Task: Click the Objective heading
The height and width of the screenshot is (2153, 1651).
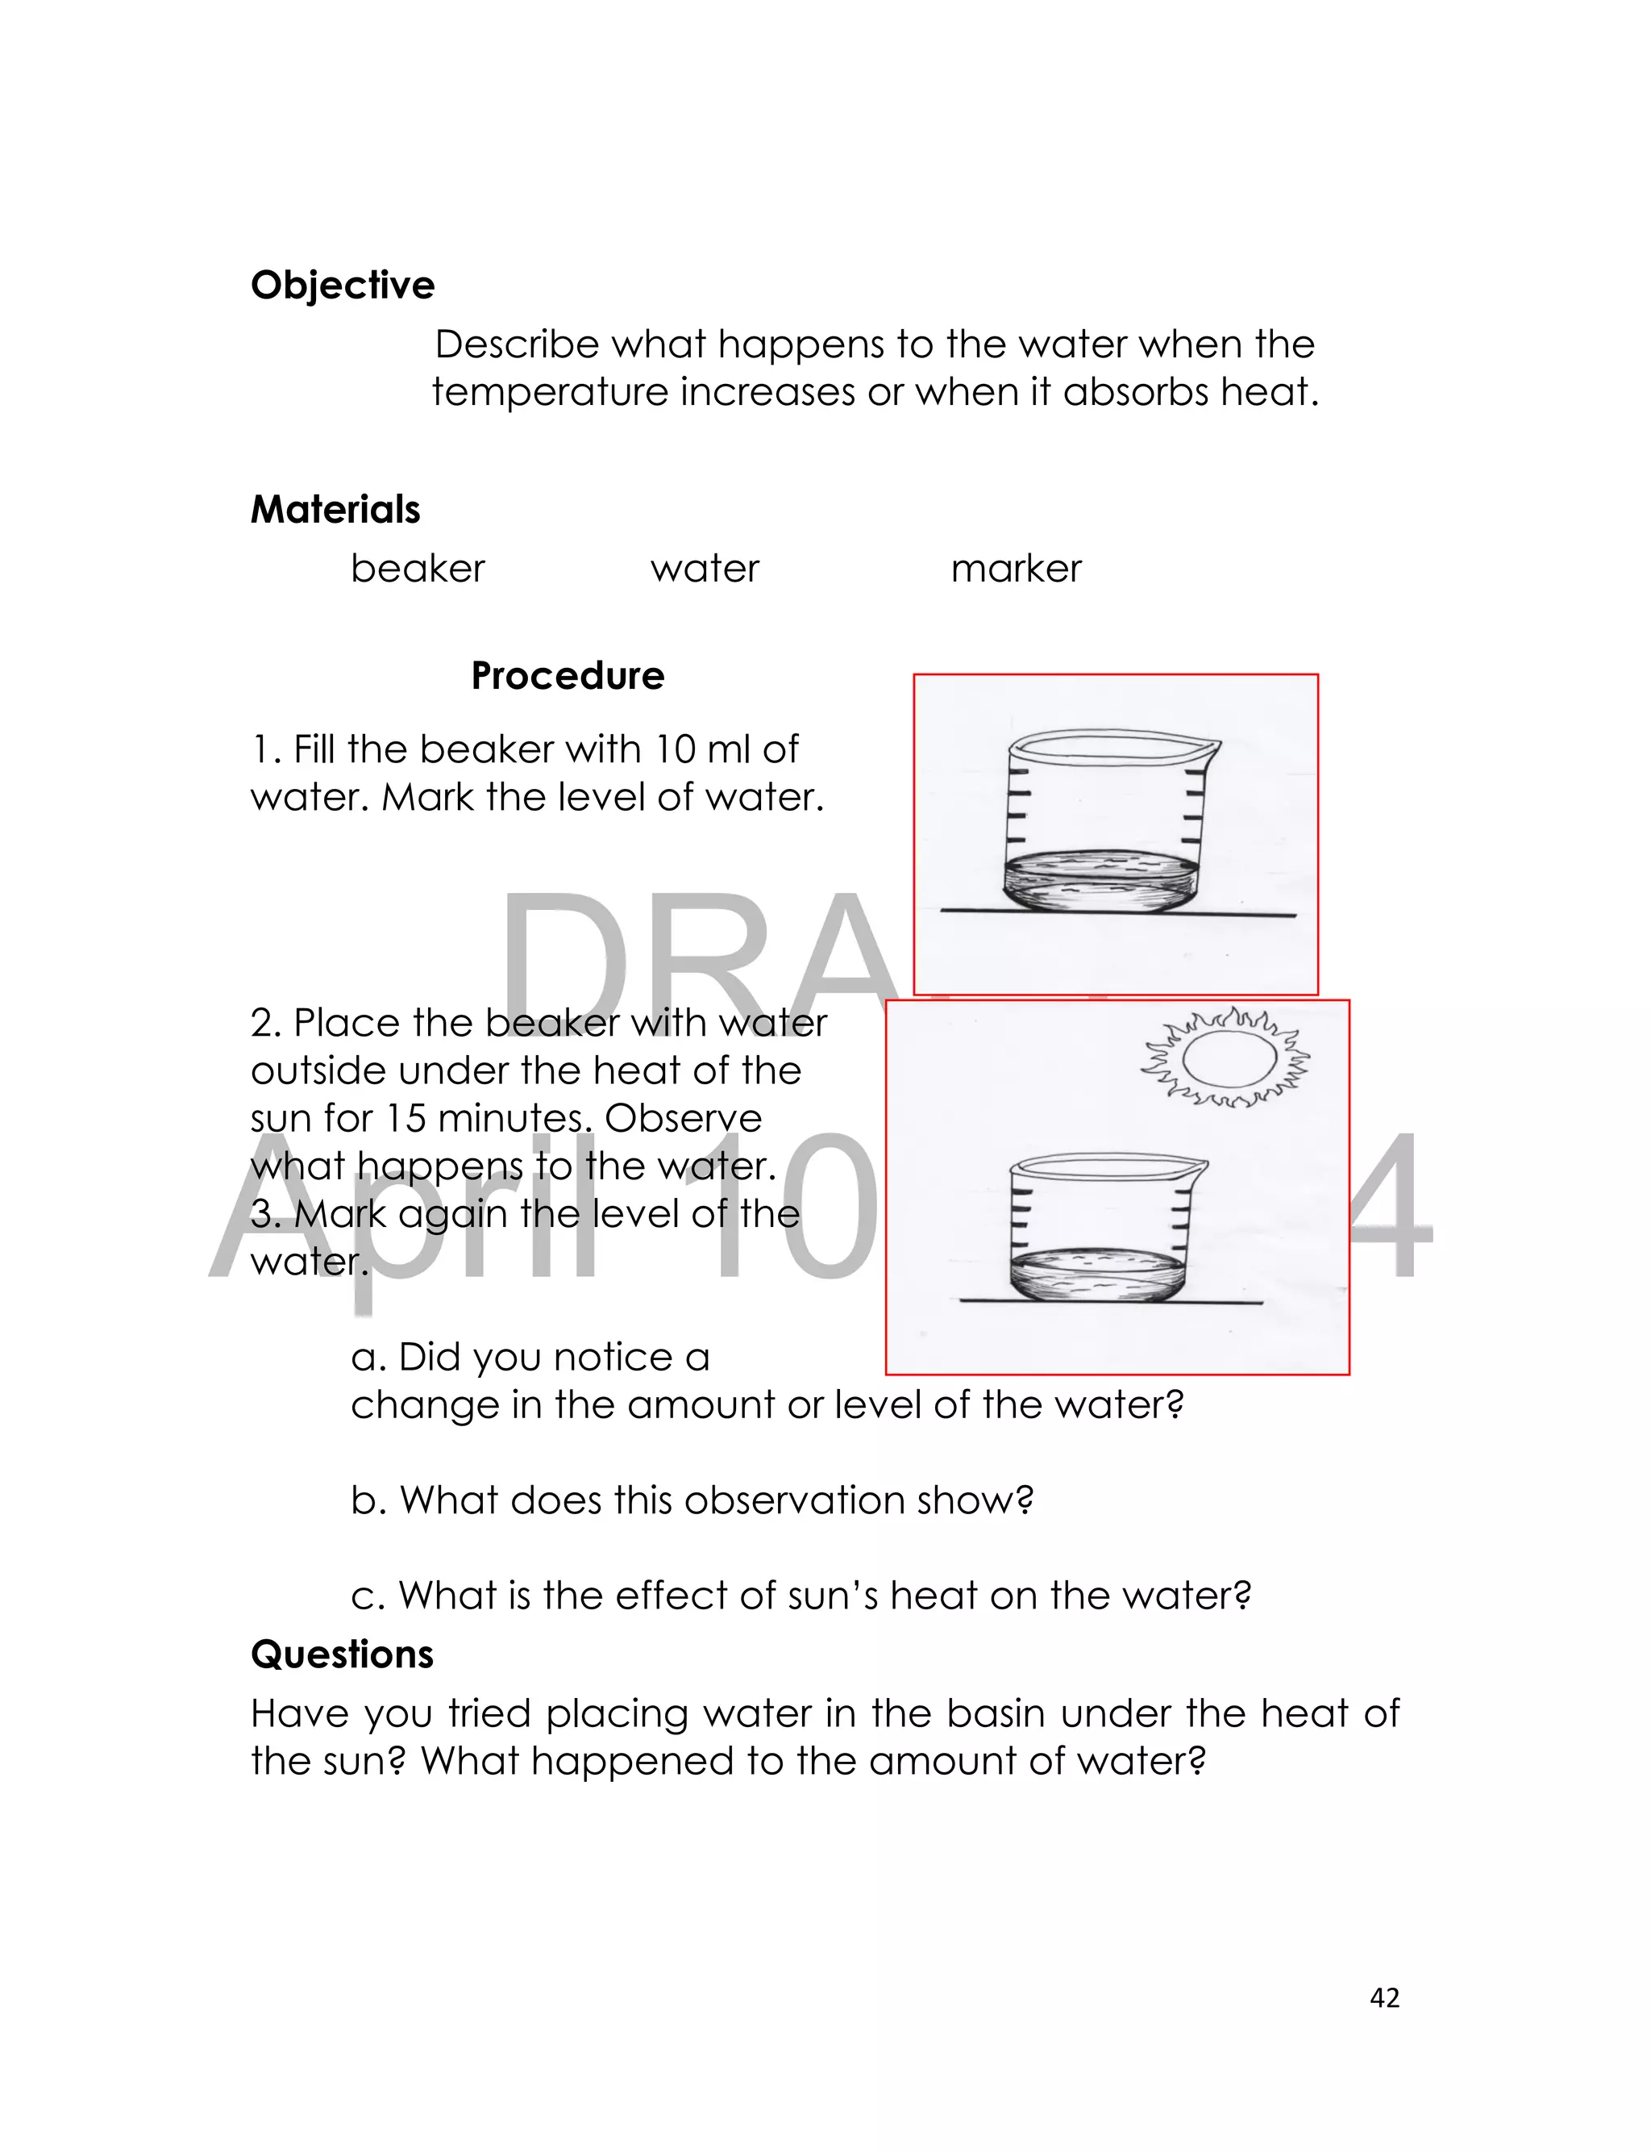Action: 342,285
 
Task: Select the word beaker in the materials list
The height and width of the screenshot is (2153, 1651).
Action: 418,568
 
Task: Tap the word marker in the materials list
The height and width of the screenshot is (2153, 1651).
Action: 1015,568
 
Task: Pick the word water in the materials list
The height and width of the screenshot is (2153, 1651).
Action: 705,568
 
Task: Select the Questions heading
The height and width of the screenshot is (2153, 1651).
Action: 342,1654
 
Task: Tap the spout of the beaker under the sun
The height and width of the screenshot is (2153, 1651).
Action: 1199,1167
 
